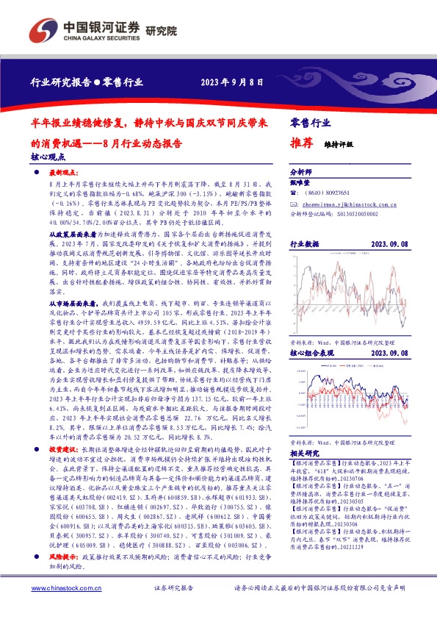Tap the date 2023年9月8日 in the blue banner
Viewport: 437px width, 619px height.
click(x=229, y=82)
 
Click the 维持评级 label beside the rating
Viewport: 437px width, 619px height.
click(x=339, y=145)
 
